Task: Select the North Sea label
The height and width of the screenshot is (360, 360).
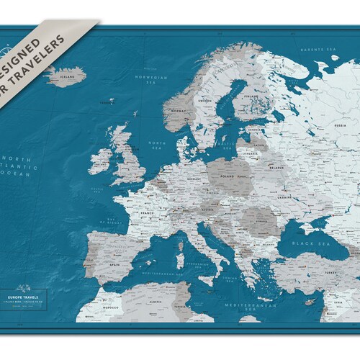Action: (156, 145)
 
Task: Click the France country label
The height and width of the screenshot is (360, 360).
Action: (147, 214)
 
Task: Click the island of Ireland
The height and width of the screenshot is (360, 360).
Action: (100, 161)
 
